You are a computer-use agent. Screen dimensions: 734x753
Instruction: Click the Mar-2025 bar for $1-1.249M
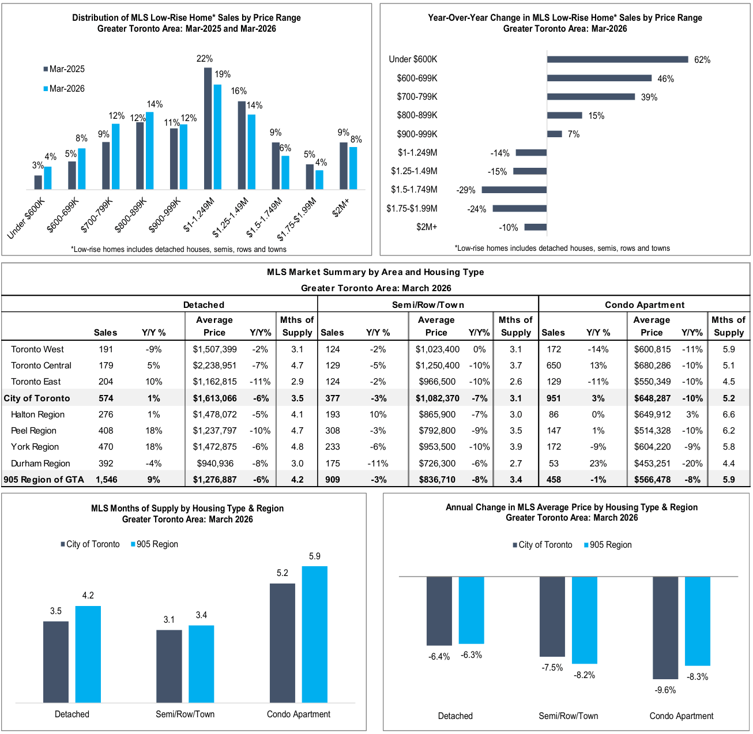point(208,129)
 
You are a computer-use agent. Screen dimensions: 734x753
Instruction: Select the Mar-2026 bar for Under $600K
point(48,178)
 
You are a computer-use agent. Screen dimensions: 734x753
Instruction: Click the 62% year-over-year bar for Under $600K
point(617,59)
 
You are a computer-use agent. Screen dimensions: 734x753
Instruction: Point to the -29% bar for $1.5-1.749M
point(514,190)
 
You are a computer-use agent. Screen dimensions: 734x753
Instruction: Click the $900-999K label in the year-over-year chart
point(417,134)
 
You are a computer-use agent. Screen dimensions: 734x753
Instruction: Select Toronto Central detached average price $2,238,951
point(214,366)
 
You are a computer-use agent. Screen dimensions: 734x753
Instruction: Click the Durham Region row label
point(40,464)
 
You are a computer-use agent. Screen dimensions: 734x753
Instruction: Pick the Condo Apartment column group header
point(645,305)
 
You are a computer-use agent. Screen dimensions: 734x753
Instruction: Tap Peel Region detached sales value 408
point(106,431)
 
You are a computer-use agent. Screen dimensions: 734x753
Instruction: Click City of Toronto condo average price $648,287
point(652,398)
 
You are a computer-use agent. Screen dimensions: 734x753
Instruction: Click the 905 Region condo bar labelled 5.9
point(314,634)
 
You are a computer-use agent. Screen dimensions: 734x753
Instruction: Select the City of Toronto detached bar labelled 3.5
point(56,662)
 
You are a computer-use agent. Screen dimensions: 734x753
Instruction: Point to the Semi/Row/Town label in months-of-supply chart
point(185,714)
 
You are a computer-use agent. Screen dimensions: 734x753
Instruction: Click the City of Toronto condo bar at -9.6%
point(665,627)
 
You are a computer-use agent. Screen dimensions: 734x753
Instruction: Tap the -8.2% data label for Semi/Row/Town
point(584,675)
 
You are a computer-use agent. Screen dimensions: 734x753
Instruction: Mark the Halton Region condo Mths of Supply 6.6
point(729,415)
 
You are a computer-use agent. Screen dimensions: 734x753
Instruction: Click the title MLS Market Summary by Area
point(375,272)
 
